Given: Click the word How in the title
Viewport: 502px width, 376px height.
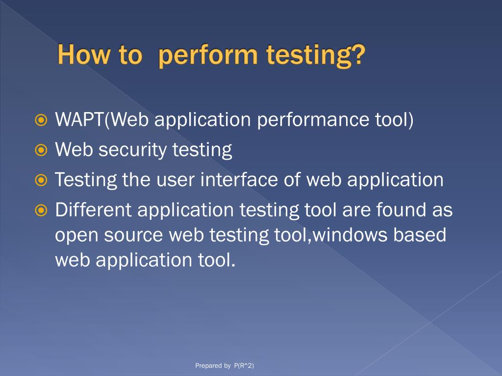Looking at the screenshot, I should (x=82, y=55).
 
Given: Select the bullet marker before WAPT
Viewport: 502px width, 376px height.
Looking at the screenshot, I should (x=42, y=120).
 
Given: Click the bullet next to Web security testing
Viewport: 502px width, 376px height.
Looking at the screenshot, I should (x=42, y=150).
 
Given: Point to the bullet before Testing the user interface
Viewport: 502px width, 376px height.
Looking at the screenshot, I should (x=42, y=181).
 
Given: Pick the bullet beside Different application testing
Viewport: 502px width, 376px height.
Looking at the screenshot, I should (x=42, y=211).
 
